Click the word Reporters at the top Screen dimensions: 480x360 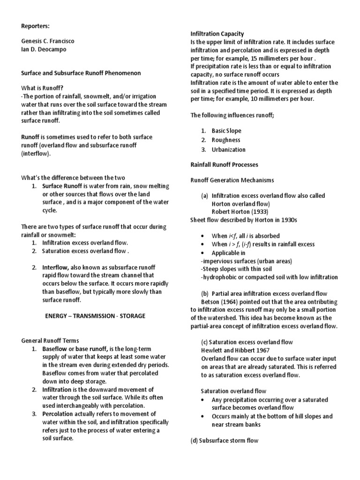coord(35,25)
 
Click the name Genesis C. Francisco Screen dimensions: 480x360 coord(48,41)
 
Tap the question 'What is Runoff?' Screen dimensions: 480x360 coord(41,88)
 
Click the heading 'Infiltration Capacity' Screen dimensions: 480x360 coord(217,34)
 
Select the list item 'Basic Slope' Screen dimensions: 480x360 coord(226,131)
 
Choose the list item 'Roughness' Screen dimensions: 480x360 coord(226,140)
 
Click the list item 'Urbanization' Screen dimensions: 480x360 coord(228,150)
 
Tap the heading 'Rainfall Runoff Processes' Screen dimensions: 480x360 coord(224,165)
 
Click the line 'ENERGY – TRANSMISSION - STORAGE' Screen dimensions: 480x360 coord(95,316)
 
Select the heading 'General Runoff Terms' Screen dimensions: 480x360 coord(51,340)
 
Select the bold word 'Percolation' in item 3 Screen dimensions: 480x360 coord(59,414)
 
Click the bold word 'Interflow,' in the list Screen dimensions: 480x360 coord(59,267)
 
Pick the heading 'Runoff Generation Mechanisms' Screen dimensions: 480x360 coord(232,180)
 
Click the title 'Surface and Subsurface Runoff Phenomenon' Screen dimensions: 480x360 coord(82,73)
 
